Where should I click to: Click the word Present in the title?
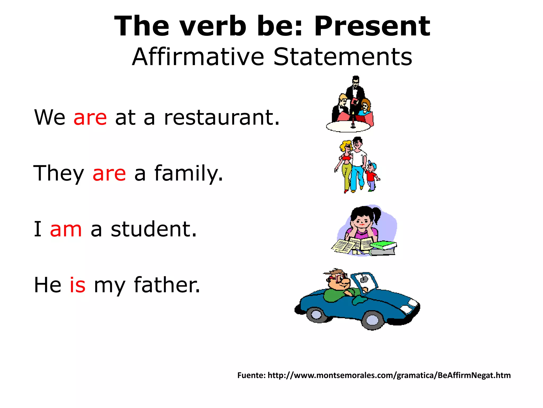click(372, 26)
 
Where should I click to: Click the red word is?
click(77, 285)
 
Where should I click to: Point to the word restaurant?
click(222, 117)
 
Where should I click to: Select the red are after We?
click(90, 117)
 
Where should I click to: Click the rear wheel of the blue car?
click(316, 315)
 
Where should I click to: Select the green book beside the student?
click(383, 245)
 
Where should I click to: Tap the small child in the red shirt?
click(371, 175)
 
